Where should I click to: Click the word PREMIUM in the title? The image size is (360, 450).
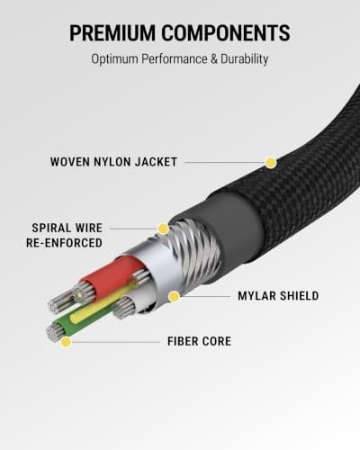tap(112, 32)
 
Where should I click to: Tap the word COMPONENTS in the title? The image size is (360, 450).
tap(226, 32)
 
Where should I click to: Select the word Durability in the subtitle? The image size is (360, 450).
tap(244, 59)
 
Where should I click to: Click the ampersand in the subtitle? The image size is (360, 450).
tap(213, 58)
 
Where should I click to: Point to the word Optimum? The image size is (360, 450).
tap(114, 59)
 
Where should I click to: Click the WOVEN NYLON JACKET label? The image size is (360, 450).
tap(113, 162)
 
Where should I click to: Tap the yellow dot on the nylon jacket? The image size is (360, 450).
tap(271, 163)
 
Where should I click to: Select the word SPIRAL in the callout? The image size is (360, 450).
tap(50, 228)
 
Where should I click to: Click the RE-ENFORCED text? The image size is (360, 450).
tap(64, 243)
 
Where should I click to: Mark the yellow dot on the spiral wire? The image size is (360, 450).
tap(163, 229)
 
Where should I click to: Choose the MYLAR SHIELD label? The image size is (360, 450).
tap(278, 296)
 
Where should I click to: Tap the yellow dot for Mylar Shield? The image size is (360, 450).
tap(174, 296)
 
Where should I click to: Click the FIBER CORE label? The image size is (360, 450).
tap(199, 341)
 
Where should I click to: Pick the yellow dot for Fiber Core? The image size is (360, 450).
tap(66, 342)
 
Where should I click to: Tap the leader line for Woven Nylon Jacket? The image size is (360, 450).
tap(225, 163)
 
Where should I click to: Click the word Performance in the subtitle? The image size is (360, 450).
tap(175, 58)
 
